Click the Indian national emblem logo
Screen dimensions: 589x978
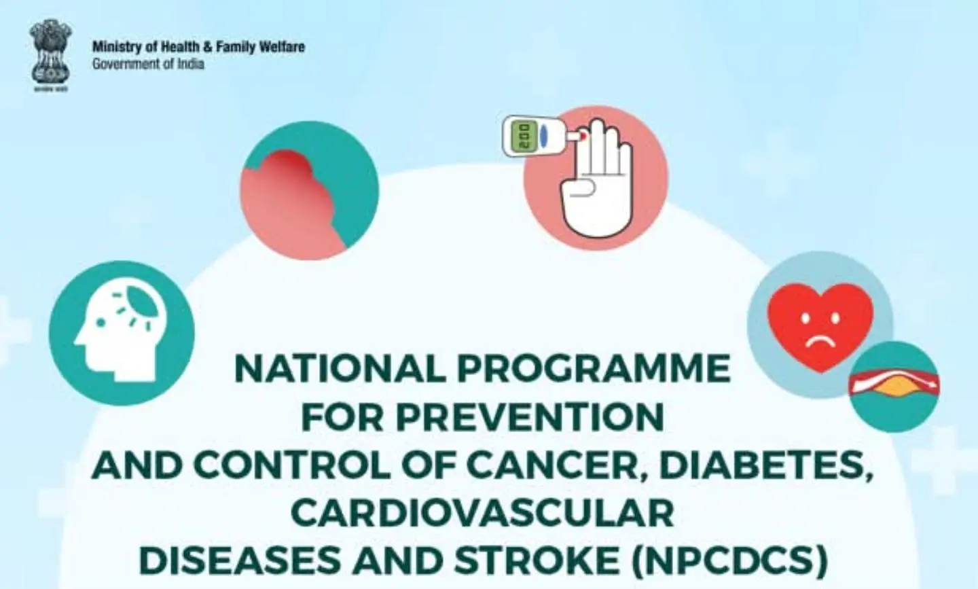(50, 54)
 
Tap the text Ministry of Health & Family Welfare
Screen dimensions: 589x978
(198, 47)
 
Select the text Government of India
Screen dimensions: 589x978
(148, 65)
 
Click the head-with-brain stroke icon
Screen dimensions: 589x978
(122, 333)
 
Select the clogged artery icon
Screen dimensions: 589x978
(894, 387)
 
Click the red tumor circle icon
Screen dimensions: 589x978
(309, 190)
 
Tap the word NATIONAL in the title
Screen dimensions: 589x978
(340, 369)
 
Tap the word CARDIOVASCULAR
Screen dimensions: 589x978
(482, 513)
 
